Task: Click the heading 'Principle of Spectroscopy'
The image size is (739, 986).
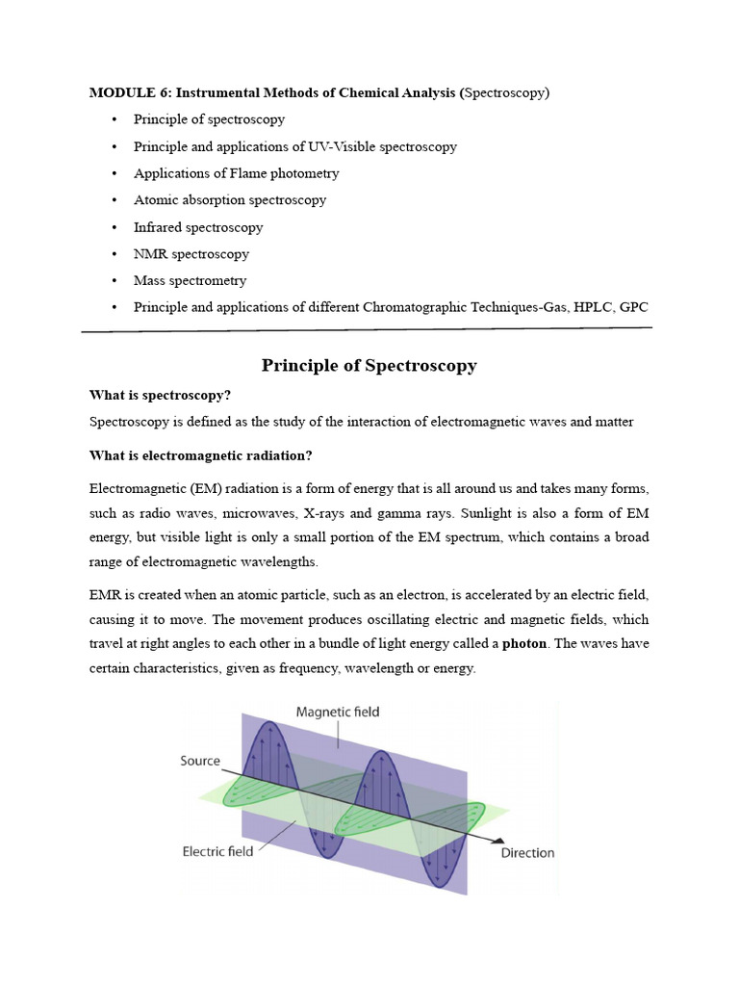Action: [x=369, y=366]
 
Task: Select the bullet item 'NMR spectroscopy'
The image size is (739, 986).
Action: [x=191, y=254]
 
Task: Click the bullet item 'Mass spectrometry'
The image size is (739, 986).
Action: [x=190, y=281]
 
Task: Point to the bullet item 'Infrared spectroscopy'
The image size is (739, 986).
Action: [x=197, y=227]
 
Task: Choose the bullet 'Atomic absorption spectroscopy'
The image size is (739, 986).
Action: [x=229, y=200]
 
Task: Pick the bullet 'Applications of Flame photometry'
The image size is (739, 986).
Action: [x=236, y=173]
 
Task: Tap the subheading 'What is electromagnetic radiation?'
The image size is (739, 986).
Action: [x=200, y=455]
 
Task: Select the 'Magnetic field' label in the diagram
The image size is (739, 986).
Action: [x=337, y=713]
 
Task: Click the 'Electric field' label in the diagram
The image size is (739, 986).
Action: [x=217, y=851]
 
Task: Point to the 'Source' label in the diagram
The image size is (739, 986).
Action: [x=200, y=761]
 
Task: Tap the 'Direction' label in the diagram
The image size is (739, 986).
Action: [x=527, y=853]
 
